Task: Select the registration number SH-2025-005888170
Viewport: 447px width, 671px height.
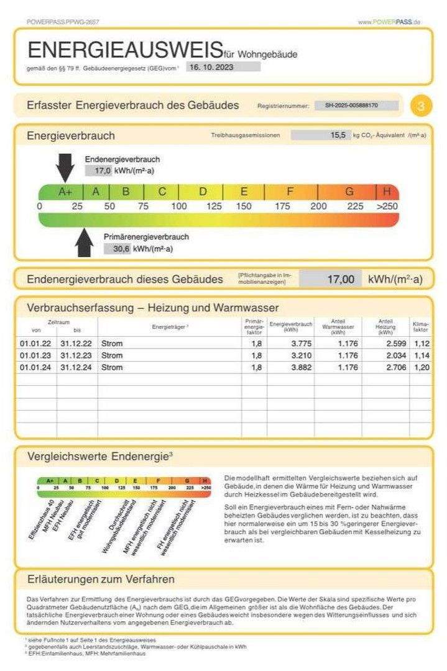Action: [356, 106]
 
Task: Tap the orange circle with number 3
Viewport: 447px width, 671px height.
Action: [422, 106]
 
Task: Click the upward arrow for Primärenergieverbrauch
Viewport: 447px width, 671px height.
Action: [84, 242]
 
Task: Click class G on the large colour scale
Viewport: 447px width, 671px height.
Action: [349, 191]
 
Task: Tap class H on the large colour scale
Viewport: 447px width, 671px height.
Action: [388, 191]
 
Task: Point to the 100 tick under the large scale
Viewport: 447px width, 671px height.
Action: [179, 206]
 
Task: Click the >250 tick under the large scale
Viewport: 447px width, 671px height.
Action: [387, 206]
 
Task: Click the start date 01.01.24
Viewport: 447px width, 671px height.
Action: [30, 367]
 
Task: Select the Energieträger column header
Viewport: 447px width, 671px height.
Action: [170, 327]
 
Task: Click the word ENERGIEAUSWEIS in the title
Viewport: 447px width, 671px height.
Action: [125, 50]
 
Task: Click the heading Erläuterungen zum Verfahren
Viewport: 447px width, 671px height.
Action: [101, 580]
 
